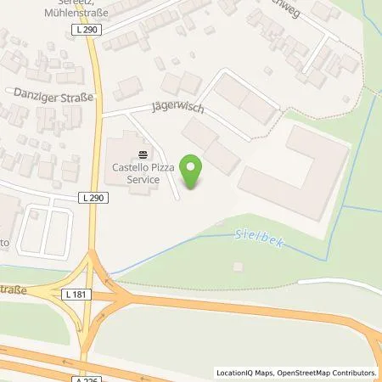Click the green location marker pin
[x=194, y=172]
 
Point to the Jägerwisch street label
[x=179, y=109]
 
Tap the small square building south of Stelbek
[x=239, y=267]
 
